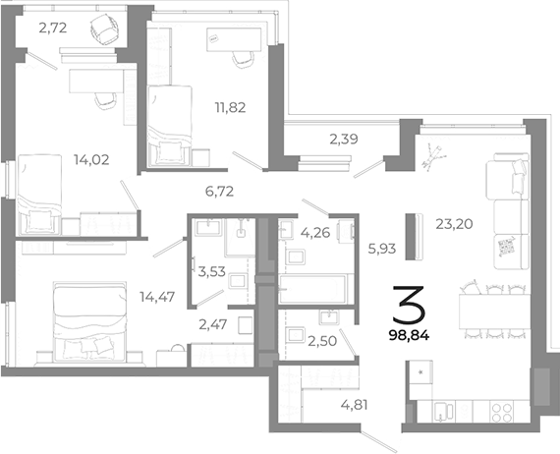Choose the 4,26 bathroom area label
click(314, 234)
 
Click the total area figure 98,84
click(409, 334)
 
